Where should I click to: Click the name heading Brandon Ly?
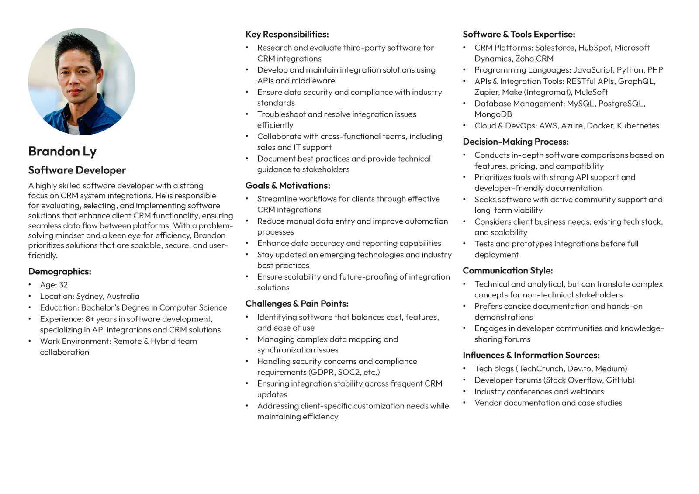pos(62,151)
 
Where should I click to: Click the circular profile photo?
pos(82,82)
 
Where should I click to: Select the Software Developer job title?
pos(77,170)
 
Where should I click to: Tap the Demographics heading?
pos(59,271)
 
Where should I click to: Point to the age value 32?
pos(63,285)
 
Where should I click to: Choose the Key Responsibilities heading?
pos(287,34)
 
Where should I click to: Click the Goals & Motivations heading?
pos(287,185)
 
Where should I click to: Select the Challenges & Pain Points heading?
pos(297,304)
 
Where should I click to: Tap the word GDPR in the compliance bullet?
pos(322,372)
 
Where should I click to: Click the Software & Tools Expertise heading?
pos(519,34)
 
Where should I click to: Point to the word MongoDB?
pos(493,114)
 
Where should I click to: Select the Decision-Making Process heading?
pos(516,142)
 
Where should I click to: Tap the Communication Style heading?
pos(508,270)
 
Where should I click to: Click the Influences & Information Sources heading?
pos(531,355)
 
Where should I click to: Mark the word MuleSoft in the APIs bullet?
pos(591,92)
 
